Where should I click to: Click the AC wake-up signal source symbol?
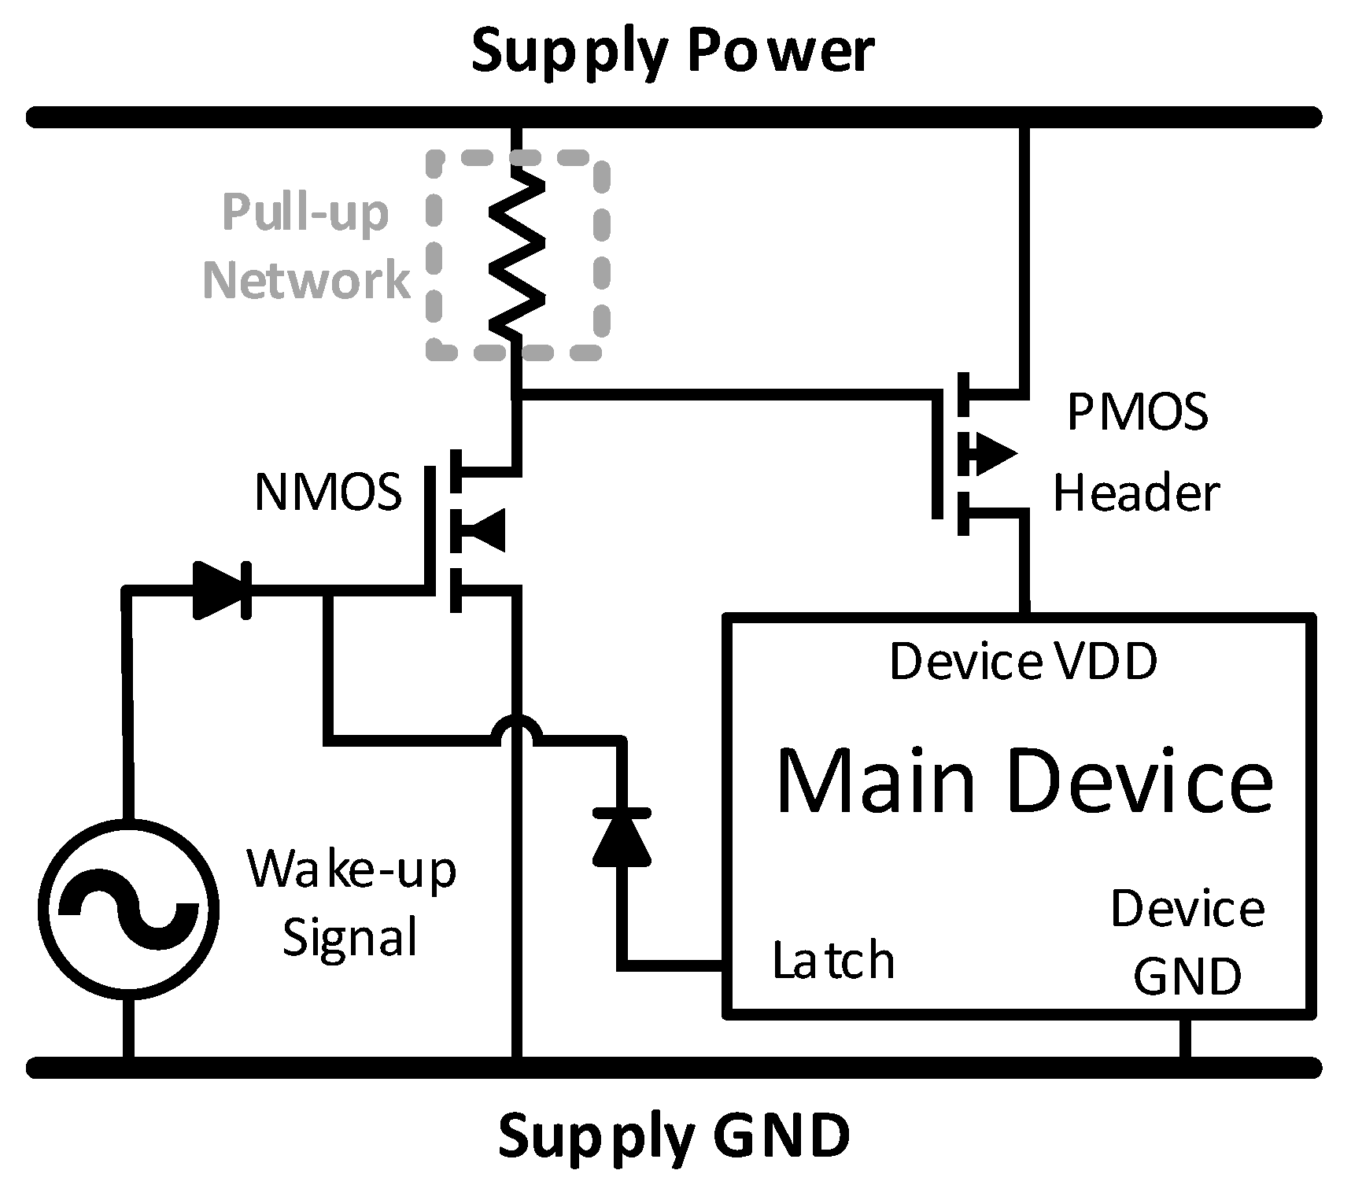point(128,909)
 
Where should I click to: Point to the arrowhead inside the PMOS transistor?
point(992,453)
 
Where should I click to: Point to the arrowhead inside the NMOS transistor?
point(482,530)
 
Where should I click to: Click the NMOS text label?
point(328,493)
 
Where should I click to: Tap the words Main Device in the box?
point(1024,781)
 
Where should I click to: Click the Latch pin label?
point(833,961)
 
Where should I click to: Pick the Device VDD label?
point(1023,661)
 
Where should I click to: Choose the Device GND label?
point(1187,942)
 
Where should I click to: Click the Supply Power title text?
point(673,52)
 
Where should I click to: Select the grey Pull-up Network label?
point(306,245)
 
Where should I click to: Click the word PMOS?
point(1137,412)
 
